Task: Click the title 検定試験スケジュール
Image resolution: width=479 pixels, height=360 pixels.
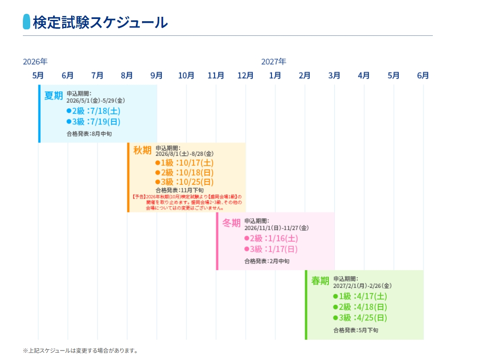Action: pyautogui.click(x=100, y=22)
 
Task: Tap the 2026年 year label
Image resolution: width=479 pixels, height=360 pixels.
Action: pyautogui.click(x=35, y=62)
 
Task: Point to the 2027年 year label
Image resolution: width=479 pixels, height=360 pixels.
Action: pyautogui.click(x=274, y=62)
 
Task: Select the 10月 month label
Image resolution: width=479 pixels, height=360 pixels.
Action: pyautogui.click(x=186, y=76)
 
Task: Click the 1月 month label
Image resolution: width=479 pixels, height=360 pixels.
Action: pyautogui.click(x=275, y=76)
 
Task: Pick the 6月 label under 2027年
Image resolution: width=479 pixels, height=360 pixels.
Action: pyautogui.click(x=423, y=76)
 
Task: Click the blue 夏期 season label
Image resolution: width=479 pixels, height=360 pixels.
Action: pyautogui.click(x=54, y=96)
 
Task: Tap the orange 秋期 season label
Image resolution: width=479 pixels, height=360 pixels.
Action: pyautogui.click(x=142, y=150)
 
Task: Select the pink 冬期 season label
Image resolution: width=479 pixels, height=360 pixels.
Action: pyautogui.click(x=231, y=223)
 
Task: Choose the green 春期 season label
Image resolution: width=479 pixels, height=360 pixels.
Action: pyautogui.click(x=320, y=281)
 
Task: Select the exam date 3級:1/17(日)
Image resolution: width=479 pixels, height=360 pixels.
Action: pyautogui.click(x=271, y=249)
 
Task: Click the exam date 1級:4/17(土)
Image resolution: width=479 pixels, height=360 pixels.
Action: pyautogui.click(x=360, y=296)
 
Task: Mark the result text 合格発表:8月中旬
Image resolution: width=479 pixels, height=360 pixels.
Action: pyautogui.click(x=89, y=134)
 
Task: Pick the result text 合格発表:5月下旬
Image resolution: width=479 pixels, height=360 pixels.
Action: pyautogui.click(x=356, y=330)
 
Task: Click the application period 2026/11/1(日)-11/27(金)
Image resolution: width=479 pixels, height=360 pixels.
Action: pyautogui.click(x=277, y=228)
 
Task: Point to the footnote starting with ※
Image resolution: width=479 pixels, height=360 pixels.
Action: pyautogui.click(x=80, y=351)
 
